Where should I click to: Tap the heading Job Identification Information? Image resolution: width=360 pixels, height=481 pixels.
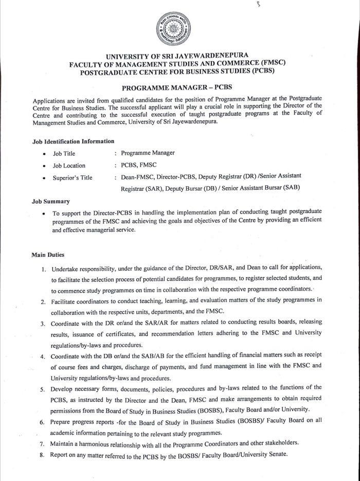(x=73, y=140)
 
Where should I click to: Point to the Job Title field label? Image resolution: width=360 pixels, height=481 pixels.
(x=64, y=153)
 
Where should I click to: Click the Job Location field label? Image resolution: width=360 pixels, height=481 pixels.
(x=69, y=166)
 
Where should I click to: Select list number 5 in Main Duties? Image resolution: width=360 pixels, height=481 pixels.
(x=44, y=387)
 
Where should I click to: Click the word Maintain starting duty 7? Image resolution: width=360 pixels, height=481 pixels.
(x=63, y=443)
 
